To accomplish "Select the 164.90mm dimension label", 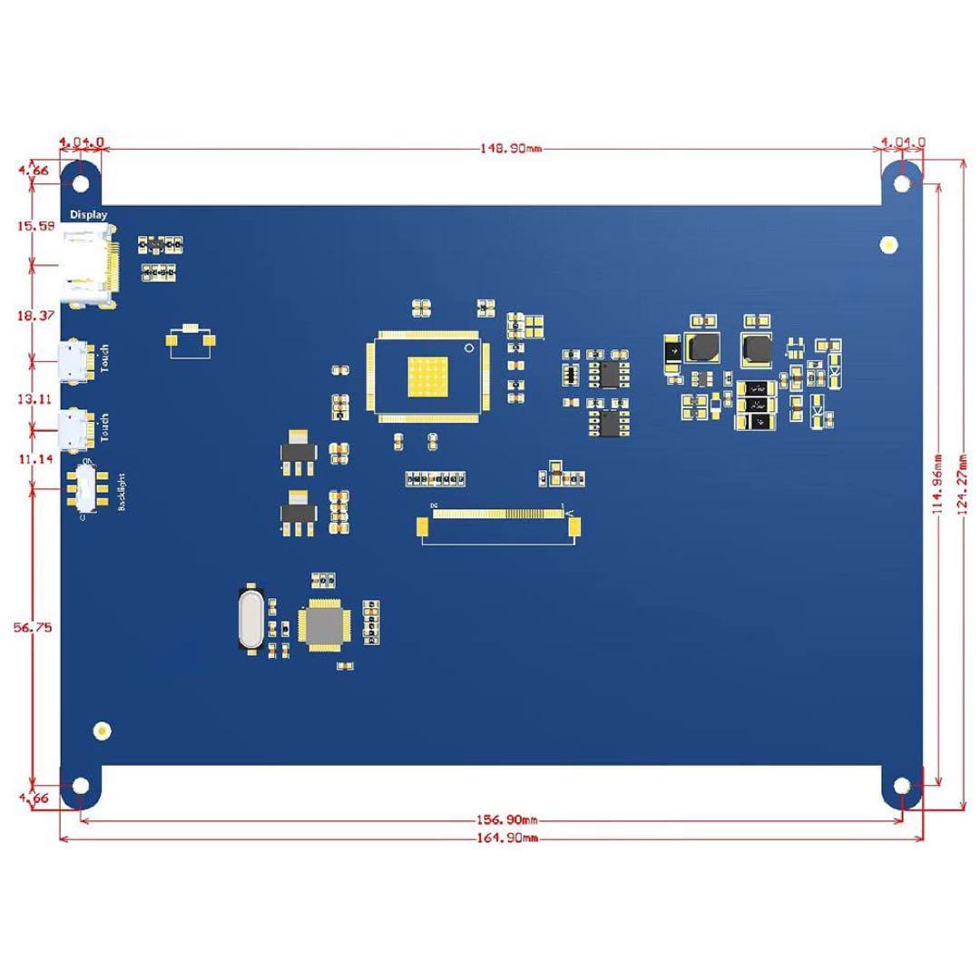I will click(507, 838).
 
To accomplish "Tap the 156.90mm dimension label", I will click(507, 820).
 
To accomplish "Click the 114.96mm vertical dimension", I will click(938, 483).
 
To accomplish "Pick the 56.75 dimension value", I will click(33, 628).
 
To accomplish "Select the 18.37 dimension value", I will click(33, 315).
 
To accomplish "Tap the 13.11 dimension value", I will click(33, 399).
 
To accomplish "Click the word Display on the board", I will click(89, 215).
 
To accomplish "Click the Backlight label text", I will click(122, 492).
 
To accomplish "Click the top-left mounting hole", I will click(81, 182).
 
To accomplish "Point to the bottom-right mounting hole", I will click(901, 785).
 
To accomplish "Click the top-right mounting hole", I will click(901, 182).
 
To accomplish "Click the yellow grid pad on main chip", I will click(429, 377).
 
